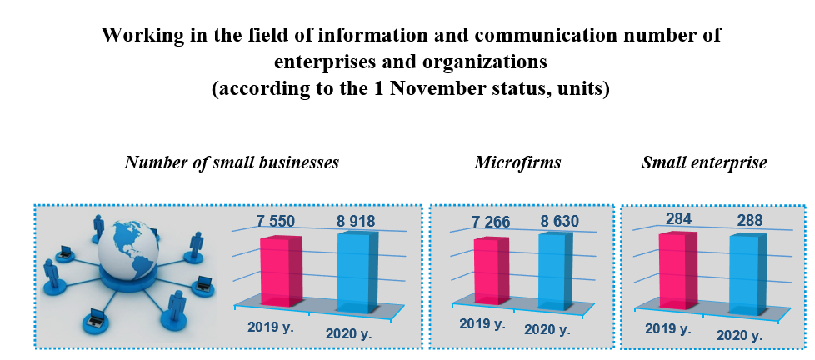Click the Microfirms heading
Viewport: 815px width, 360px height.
517,162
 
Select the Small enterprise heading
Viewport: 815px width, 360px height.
704,162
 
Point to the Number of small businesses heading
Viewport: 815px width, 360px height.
232,162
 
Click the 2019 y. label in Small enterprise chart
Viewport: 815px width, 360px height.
668,328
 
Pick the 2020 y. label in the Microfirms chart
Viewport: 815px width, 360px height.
547,329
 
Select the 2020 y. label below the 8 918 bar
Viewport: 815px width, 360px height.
349,334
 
